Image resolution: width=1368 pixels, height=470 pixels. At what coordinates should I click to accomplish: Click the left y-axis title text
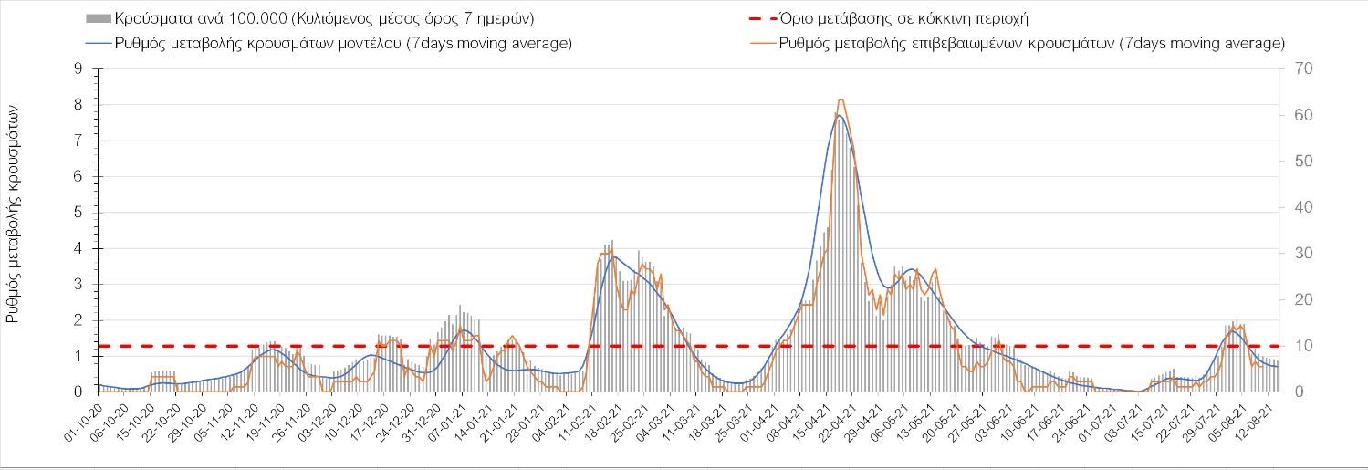tap(15, 213)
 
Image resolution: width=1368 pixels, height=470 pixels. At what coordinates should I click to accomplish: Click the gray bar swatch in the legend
tap(98, 18)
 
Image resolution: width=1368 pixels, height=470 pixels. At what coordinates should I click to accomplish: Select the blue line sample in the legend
tap(98, 44)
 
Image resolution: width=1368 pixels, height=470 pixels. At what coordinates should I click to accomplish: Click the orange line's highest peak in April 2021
tap(840, 99)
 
